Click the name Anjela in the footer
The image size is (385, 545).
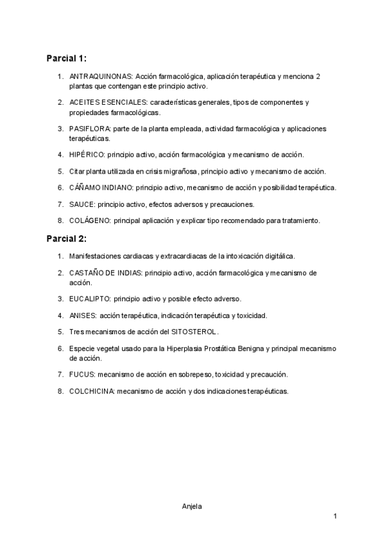pyautogui.click(x=193, y=506)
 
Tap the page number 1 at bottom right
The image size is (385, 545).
pyautogui.click(x=335, y=517)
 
